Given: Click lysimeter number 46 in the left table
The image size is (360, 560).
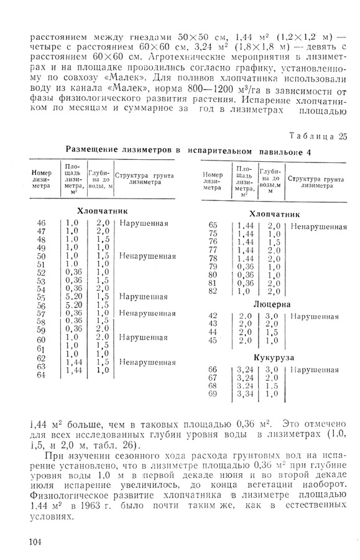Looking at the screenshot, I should [42, 223].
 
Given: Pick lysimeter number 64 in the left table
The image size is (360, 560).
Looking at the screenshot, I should [42, 375].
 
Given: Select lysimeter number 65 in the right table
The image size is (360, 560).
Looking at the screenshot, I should [213, 225].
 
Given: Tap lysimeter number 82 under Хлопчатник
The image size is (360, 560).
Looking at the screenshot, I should [213, 291].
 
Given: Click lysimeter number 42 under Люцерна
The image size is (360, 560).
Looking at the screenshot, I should [213, 316].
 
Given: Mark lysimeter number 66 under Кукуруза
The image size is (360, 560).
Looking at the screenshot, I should [213, 370].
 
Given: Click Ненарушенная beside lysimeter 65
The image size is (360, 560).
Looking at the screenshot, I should [318, 226].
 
